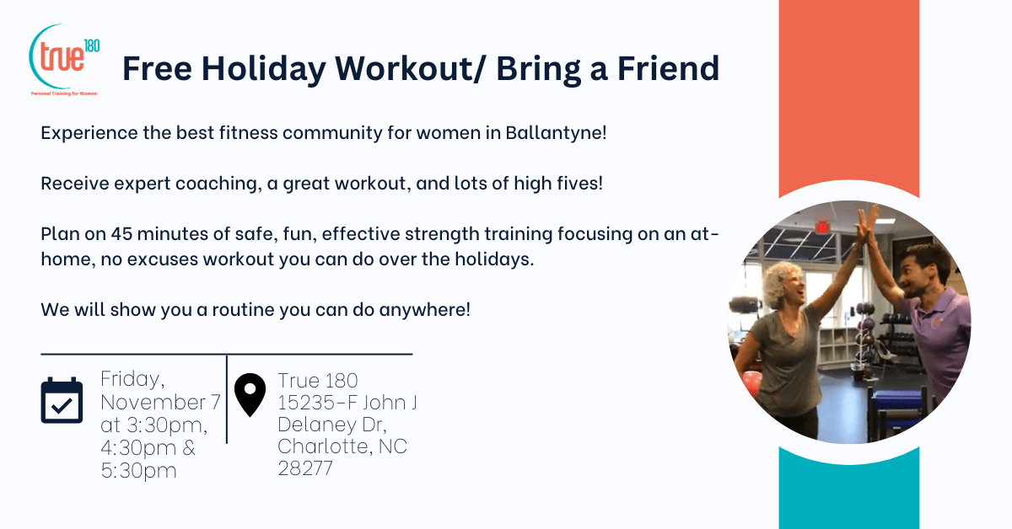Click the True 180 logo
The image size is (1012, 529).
click(64, 60)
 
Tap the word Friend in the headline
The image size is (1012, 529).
click(668, 67)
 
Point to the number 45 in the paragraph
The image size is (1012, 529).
click(121, 234)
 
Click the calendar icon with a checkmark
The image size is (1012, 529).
click(62, 400)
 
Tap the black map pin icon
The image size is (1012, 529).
click(250, 395)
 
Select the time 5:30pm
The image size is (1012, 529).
click(138, 470)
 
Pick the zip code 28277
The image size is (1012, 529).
click(305, 468)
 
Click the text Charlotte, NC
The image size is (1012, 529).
click(342, 446)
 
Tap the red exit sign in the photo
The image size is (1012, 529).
click(823, 227)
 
